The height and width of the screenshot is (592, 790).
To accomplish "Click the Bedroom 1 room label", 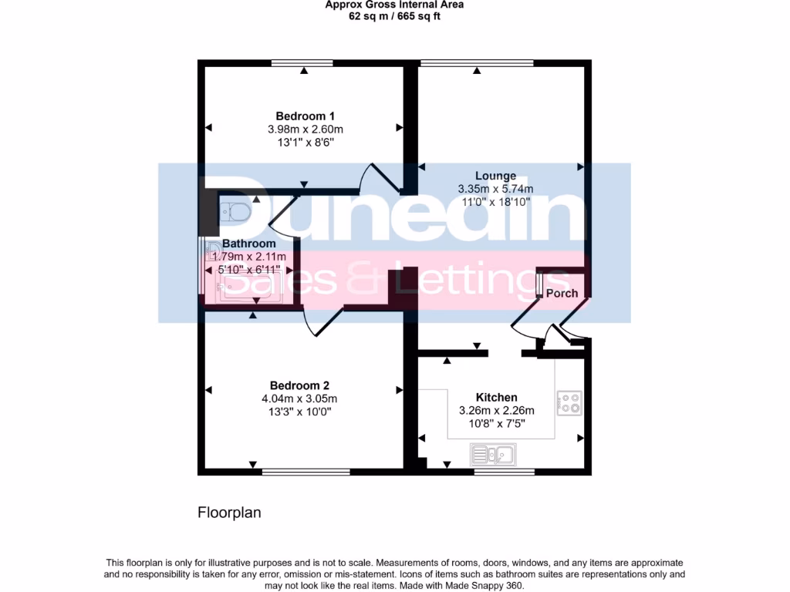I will pyautogui.click(x=300, y=116).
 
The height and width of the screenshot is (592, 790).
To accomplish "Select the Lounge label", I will pyautogui.click(x=497, y=176).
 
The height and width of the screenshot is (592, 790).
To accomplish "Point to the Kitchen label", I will pyautogui.click(x=496, y=398).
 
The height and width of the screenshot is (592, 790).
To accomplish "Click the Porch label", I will pyautogui.click(x=562, y=294).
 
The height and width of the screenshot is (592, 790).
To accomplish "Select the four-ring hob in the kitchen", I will pyautogui.click(x=569, y=402).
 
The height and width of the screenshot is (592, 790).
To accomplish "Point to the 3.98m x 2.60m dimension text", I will pyautogui.click(x=300, y=129).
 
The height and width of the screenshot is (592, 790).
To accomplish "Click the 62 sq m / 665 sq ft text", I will pyautogui.click(x=394, y=16).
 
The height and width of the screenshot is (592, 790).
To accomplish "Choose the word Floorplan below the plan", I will pyautogui.click(x=229, y=512).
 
